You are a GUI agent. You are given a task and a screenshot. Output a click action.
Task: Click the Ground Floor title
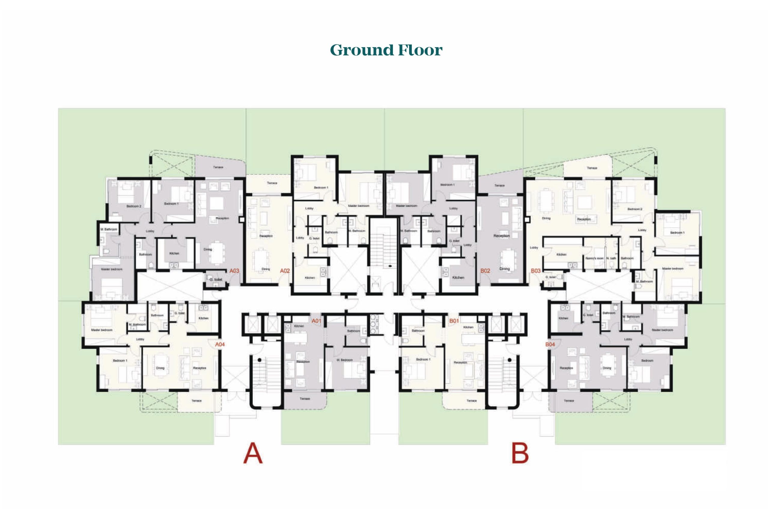(x=386, y=50)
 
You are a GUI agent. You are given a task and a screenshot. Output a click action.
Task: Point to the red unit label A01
(x=316, y=321)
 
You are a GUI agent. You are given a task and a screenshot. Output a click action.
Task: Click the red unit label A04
(x=220, y=344)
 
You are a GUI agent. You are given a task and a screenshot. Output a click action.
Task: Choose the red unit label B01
(x=454, y=321)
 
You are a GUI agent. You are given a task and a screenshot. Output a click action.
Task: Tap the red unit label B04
(x=550, y=344)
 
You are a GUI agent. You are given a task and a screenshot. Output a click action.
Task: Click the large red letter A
(x=253, y=453)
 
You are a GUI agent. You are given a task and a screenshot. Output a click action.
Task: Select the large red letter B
(x=520, y=453)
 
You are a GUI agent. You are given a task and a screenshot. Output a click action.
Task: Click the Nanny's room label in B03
(x=594, y=258)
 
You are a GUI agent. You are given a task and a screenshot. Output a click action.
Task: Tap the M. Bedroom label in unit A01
(x=345, y=360)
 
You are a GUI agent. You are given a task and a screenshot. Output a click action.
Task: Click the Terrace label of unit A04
(x=196, y=401)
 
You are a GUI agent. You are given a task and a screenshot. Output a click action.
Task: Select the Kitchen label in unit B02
(x=458, y=277)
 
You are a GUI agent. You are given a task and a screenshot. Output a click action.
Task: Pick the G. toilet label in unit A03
(x=216, y=279)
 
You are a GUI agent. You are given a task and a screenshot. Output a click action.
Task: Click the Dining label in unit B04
(x=606, y=368)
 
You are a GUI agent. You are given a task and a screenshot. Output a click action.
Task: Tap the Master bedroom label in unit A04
(x=102, y=330)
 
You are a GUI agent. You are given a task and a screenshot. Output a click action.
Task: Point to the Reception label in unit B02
(x=501, y=236)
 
